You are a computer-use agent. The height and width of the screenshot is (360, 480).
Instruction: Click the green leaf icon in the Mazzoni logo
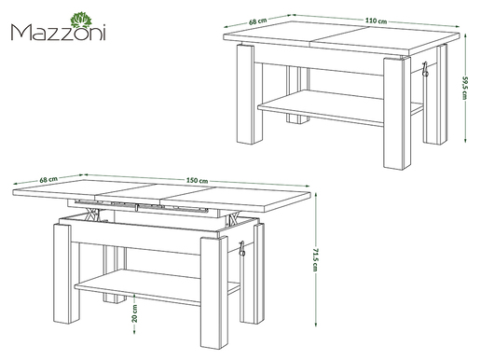[x=82, y=20]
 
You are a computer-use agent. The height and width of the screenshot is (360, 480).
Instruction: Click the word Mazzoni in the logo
[x=59, y=32]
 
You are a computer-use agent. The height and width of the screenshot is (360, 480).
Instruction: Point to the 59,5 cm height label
[x=465, y=87]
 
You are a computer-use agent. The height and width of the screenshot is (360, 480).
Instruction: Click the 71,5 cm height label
[x=315, y=259]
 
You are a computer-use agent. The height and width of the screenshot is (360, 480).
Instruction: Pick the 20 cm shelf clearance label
[x=134, y=313]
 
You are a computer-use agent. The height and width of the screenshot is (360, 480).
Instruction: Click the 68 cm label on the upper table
[x=258, y=21]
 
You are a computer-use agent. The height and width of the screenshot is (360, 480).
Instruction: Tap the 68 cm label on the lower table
[x=48, y=179]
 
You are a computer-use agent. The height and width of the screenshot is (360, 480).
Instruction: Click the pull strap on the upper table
[x=425, y=69]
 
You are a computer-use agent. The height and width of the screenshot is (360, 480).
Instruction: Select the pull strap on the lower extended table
[x=241, y=249]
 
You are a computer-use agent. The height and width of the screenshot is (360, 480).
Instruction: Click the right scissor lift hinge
[x=234, y=217]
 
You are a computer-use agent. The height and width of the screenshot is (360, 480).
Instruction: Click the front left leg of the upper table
[x=245, y=94]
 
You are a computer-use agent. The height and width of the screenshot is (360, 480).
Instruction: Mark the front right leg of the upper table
[x=397, y=114]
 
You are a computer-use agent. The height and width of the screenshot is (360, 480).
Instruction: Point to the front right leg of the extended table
[x=213, y=293]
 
